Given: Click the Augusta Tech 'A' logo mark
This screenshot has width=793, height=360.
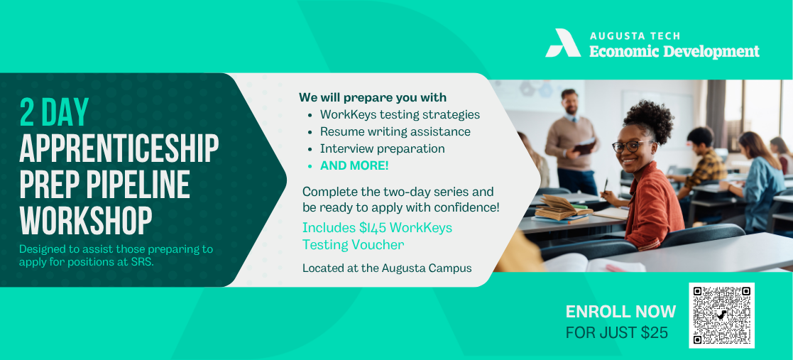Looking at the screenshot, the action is tap(563, 43).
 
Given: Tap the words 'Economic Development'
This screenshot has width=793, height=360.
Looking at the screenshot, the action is tap(674, 52).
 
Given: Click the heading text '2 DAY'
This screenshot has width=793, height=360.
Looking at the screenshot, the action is tap(54, 111).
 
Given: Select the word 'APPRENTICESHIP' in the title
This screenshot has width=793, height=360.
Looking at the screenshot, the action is tap(119, 148).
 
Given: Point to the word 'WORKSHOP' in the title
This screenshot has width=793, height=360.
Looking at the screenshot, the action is tap(85, 222).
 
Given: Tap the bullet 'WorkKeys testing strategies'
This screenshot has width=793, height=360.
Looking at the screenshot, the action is tap(400, 115).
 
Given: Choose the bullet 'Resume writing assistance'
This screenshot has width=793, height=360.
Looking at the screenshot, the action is tap(395, 132).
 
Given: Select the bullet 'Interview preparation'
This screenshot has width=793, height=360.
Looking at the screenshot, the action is tap(383, 148).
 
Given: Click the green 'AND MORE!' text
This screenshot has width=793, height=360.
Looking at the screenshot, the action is tap(354, 165).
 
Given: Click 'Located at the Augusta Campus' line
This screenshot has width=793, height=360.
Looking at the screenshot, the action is tap(387, 268).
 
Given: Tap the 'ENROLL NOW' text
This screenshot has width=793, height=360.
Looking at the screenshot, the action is tap(620, 312).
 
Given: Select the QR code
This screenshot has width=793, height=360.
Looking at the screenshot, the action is tap(722, 315).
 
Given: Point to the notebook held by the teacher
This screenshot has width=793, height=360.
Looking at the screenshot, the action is tap(585, 147).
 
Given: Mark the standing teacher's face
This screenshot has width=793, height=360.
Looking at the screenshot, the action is tap(570, 103).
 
